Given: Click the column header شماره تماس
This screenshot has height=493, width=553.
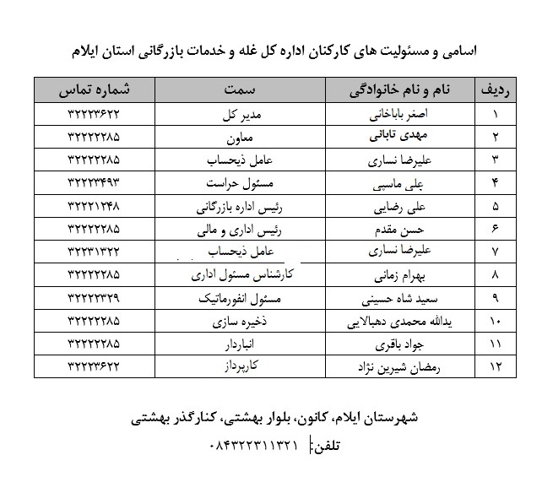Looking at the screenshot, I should coord(95,89).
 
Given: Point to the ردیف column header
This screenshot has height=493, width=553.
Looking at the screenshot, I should coord(496,89).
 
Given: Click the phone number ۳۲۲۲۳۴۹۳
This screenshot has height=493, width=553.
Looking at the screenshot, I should coord(95,182).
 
